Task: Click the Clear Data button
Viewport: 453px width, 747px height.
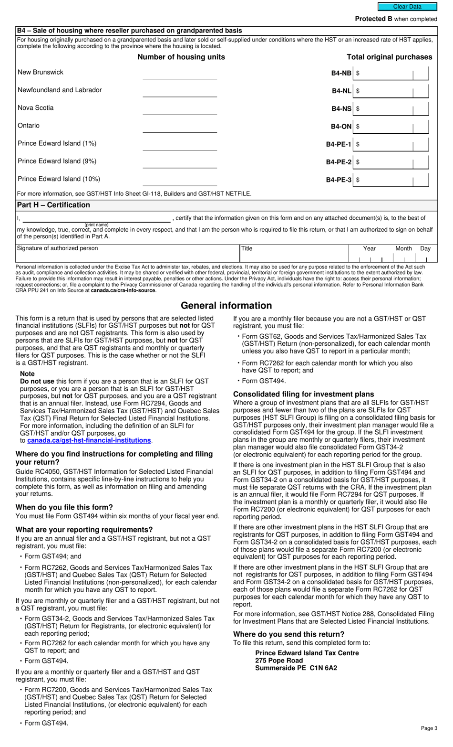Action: pyautogui.click(x=407, y=7)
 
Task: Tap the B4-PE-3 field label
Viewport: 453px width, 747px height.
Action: pyautogui.click(x=339, y=180)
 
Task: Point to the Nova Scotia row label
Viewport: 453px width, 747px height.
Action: pyautogui.click(x=36, y=108)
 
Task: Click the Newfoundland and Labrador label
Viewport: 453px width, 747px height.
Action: pyautogui.click(x=60, y=90)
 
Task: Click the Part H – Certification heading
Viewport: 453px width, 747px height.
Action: pyautogui.click(x=53, y=205)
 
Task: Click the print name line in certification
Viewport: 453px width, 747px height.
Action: pyautogui.click(x=96, y=218)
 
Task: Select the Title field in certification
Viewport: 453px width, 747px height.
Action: pyautogui.click(x=293, y=254)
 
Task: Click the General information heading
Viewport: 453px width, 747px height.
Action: pyautogui.click(x=226, y=306)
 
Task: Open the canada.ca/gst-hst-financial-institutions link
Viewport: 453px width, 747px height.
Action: pyautogui.click(x=89, y=440)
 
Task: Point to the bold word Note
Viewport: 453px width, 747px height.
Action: pyautogui.click(x=27, y=374)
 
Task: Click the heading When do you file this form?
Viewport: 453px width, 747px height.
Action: pyautogui.click(x=64, y=507)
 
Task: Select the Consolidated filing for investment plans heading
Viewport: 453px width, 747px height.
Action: pyautogui.click(x=303, y=394)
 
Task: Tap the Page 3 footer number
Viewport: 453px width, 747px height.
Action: pyautogui.click(x=429, y=728)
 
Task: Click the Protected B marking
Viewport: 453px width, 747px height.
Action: pyautogui.click(x=396, y=19)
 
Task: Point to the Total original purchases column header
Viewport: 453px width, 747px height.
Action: pyautogui.click(x=389, y=57)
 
